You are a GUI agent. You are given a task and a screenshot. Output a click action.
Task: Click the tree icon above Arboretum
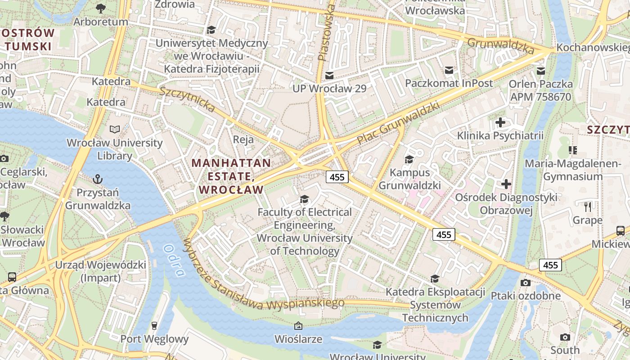click(x=101, y=8)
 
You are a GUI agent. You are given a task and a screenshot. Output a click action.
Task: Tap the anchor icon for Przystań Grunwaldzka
click(x=97, y=179)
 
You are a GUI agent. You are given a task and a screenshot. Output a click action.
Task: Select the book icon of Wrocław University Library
click(x=115, y=130)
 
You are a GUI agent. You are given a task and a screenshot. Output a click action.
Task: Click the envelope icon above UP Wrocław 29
click(x=330, y=75)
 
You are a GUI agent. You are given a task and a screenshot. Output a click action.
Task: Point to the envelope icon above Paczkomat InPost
click(x=449, y=70)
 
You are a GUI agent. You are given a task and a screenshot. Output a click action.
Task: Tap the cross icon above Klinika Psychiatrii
click(x=500, y=122)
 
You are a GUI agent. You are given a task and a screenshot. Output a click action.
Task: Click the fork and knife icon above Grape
click(x=587, y=207)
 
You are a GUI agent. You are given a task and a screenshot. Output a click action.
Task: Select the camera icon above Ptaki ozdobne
click(x=525, y=283)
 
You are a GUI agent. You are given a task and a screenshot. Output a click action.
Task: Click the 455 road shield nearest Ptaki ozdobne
click(x=550, y=265)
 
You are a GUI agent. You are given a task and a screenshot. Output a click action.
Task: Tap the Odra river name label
click(x=174, y=261)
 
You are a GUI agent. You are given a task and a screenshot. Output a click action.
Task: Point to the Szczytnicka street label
click(x=187, y=99)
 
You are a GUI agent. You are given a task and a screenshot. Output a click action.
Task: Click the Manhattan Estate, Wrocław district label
click(x=231, y=176)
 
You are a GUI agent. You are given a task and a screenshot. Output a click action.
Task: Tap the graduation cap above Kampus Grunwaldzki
click(x=409, y=159)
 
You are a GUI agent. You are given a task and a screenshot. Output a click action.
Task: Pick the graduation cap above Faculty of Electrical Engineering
click(x=305, y=199)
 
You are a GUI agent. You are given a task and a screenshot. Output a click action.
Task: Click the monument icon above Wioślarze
click(x=298, y=325)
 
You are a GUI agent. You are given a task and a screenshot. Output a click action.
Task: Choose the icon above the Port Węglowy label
click(x=154, y=325)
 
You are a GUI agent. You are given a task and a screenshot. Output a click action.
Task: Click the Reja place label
click(x=243, y=139)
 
